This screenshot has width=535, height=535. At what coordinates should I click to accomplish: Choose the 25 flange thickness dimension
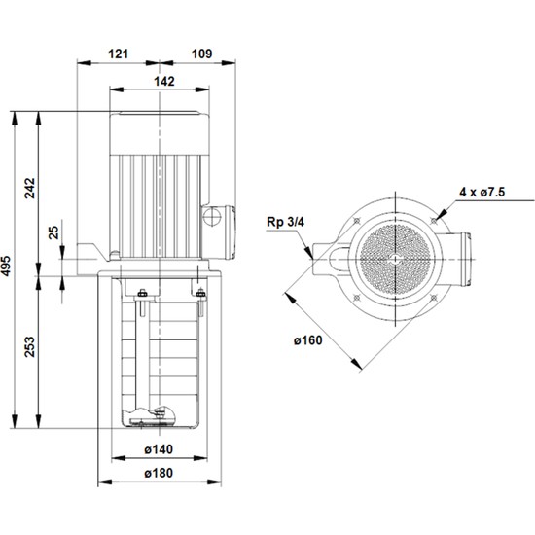click(x=53, y=234)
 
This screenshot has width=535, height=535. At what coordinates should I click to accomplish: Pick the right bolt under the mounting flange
click(x=200, y=295)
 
